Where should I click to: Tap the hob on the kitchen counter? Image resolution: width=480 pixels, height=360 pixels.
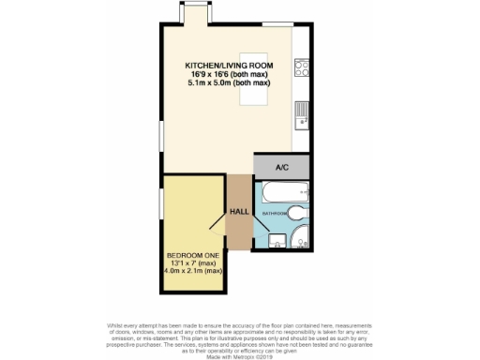pyautogui.click(x=303, y=67)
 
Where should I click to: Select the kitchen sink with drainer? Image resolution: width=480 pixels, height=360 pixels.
pyautogui.click(x=302, y=114)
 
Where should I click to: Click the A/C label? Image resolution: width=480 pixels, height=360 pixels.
pyautogui.click(x=280, y=167)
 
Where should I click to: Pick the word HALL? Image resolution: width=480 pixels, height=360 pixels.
pyautogui.click(x=239, y=211)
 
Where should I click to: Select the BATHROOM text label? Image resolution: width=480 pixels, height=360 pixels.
pyautogui.click(x=274, y=214)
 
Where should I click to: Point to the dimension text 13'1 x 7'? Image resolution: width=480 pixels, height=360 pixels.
pyautogui.click(x=191, y=264)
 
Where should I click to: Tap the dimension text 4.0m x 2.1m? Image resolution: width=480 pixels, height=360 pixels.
pyautogui.click(x=191, y=273)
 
